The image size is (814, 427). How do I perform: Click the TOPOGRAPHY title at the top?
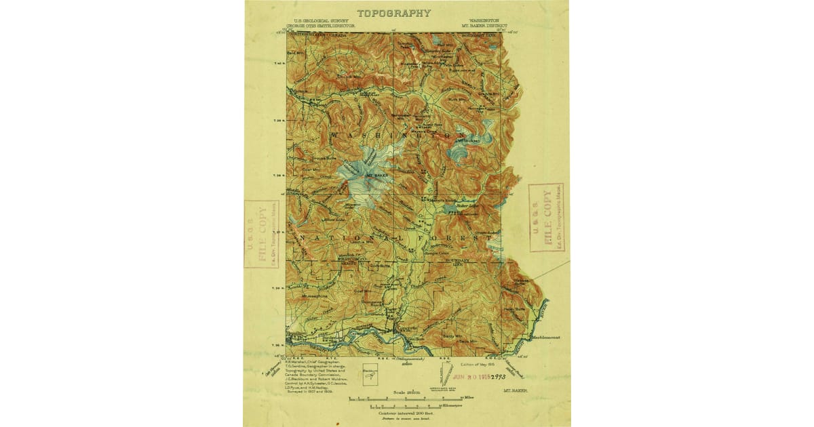[x=393, y=13]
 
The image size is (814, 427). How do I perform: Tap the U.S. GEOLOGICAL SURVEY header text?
[x=317, y=21]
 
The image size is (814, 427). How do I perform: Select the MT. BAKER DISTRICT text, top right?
[x=484, y=26]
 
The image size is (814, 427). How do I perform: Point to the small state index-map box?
[x=370, y=375]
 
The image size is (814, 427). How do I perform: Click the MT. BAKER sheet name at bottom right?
[x=516, y=391]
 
